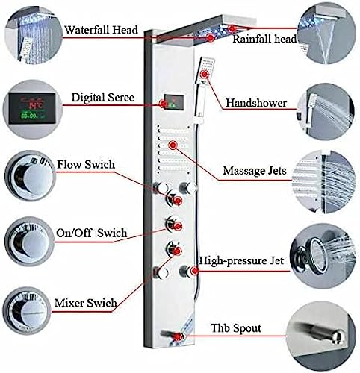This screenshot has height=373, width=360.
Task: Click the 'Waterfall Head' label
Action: (x=101, y=30)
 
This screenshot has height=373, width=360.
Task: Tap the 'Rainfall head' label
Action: (x=264, y=39)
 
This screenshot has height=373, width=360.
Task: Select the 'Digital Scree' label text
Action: (x=103, y=97)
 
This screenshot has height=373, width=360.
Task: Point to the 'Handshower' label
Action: (x=256, y=103)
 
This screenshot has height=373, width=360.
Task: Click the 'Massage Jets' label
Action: (x=255, y=171)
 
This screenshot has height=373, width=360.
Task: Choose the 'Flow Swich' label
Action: (x=86, y=164)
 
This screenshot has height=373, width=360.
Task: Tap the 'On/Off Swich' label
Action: (x=92, y=233)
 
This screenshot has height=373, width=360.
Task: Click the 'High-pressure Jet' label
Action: (x=241, y=260)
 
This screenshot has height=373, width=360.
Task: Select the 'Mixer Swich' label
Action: (x=85, y=303)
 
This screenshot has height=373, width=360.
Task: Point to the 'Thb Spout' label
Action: (x=236, y=328)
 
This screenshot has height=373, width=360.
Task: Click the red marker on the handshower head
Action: (x=205, y=74)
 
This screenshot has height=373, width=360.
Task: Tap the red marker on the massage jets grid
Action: (x=173, y=145)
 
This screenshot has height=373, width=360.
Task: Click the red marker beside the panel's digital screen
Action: (x=164, y=104)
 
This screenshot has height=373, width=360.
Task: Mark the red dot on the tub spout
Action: (x=179, y=336)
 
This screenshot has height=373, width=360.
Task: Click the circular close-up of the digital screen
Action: (x=32, y=109)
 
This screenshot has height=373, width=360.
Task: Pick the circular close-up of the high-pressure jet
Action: (x=323, y=256)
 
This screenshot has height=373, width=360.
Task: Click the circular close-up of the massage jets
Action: (x=323, y=181)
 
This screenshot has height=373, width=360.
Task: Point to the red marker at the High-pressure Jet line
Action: (x=195, y=271)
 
